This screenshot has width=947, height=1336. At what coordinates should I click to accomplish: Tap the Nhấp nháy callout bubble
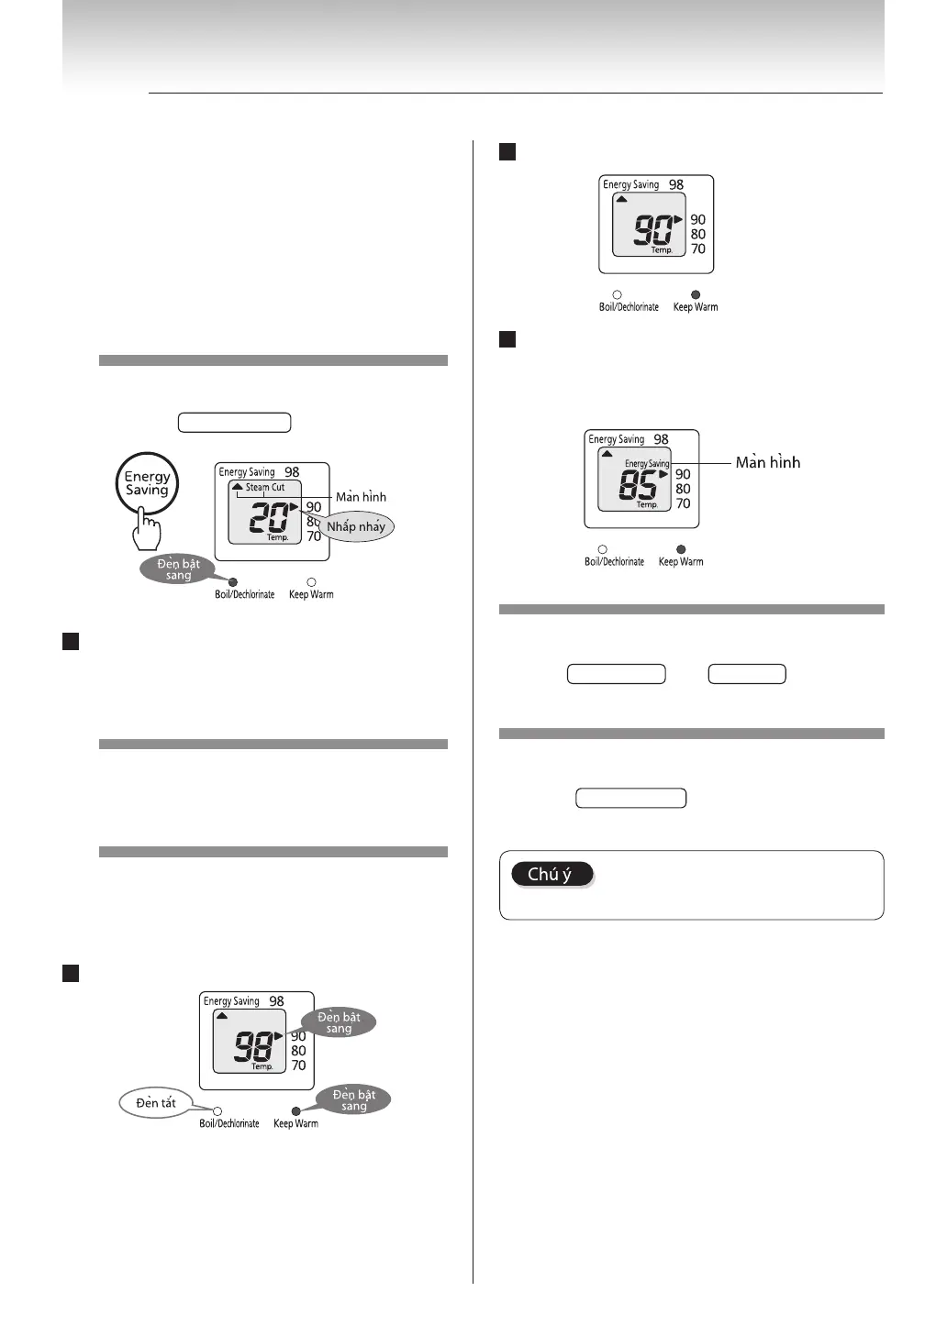(356, 527)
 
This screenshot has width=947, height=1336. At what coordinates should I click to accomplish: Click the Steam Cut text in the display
(265, 488)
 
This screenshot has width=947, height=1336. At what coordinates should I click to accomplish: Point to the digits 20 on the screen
(269, 517)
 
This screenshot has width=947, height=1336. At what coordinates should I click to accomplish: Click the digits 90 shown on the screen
(653, 229)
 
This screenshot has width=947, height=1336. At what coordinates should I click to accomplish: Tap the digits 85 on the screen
(639, 484)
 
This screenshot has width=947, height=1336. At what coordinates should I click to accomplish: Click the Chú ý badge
(551, 875)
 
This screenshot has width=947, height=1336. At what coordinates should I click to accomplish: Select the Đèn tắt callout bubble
(156, 1103)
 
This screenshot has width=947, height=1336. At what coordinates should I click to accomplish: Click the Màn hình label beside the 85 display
(767, 463)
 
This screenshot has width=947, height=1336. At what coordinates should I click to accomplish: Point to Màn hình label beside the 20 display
(361, 497)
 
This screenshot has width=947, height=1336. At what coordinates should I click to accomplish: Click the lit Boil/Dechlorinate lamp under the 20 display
(233, 582)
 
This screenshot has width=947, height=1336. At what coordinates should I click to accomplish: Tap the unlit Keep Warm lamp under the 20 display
(311, 582)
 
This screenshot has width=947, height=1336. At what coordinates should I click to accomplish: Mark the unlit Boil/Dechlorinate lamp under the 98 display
(217, 1111)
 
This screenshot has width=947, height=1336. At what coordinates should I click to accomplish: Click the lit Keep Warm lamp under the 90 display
(696, 295)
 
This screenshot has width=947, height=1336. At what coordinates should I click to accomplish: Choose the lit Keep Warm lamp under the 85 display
(681, 550)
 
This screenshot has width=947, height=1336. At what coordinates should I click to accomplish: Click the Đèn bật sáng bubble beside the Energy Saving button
(178, 569)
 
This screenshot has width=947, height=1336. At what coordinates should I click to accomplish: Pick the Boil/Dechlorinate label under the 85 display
(614, 562)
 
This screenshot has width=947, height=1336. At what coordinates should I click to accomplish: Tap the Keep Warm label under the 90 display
(696, 307)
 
